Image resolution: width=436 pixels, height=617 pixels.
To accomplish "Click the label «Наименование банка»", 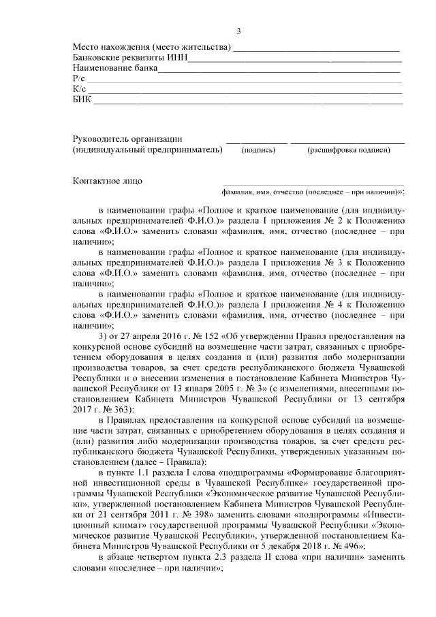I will pos(115,69).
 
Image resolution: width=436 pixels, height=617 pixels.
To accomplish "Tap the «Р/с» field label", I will pos(78,80).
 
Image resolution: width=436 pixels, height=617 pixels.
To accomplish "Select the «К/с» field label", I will pos(78,90).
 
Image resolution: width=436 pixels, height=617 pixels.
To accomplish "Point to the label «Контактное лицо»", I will pos(108,181).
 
